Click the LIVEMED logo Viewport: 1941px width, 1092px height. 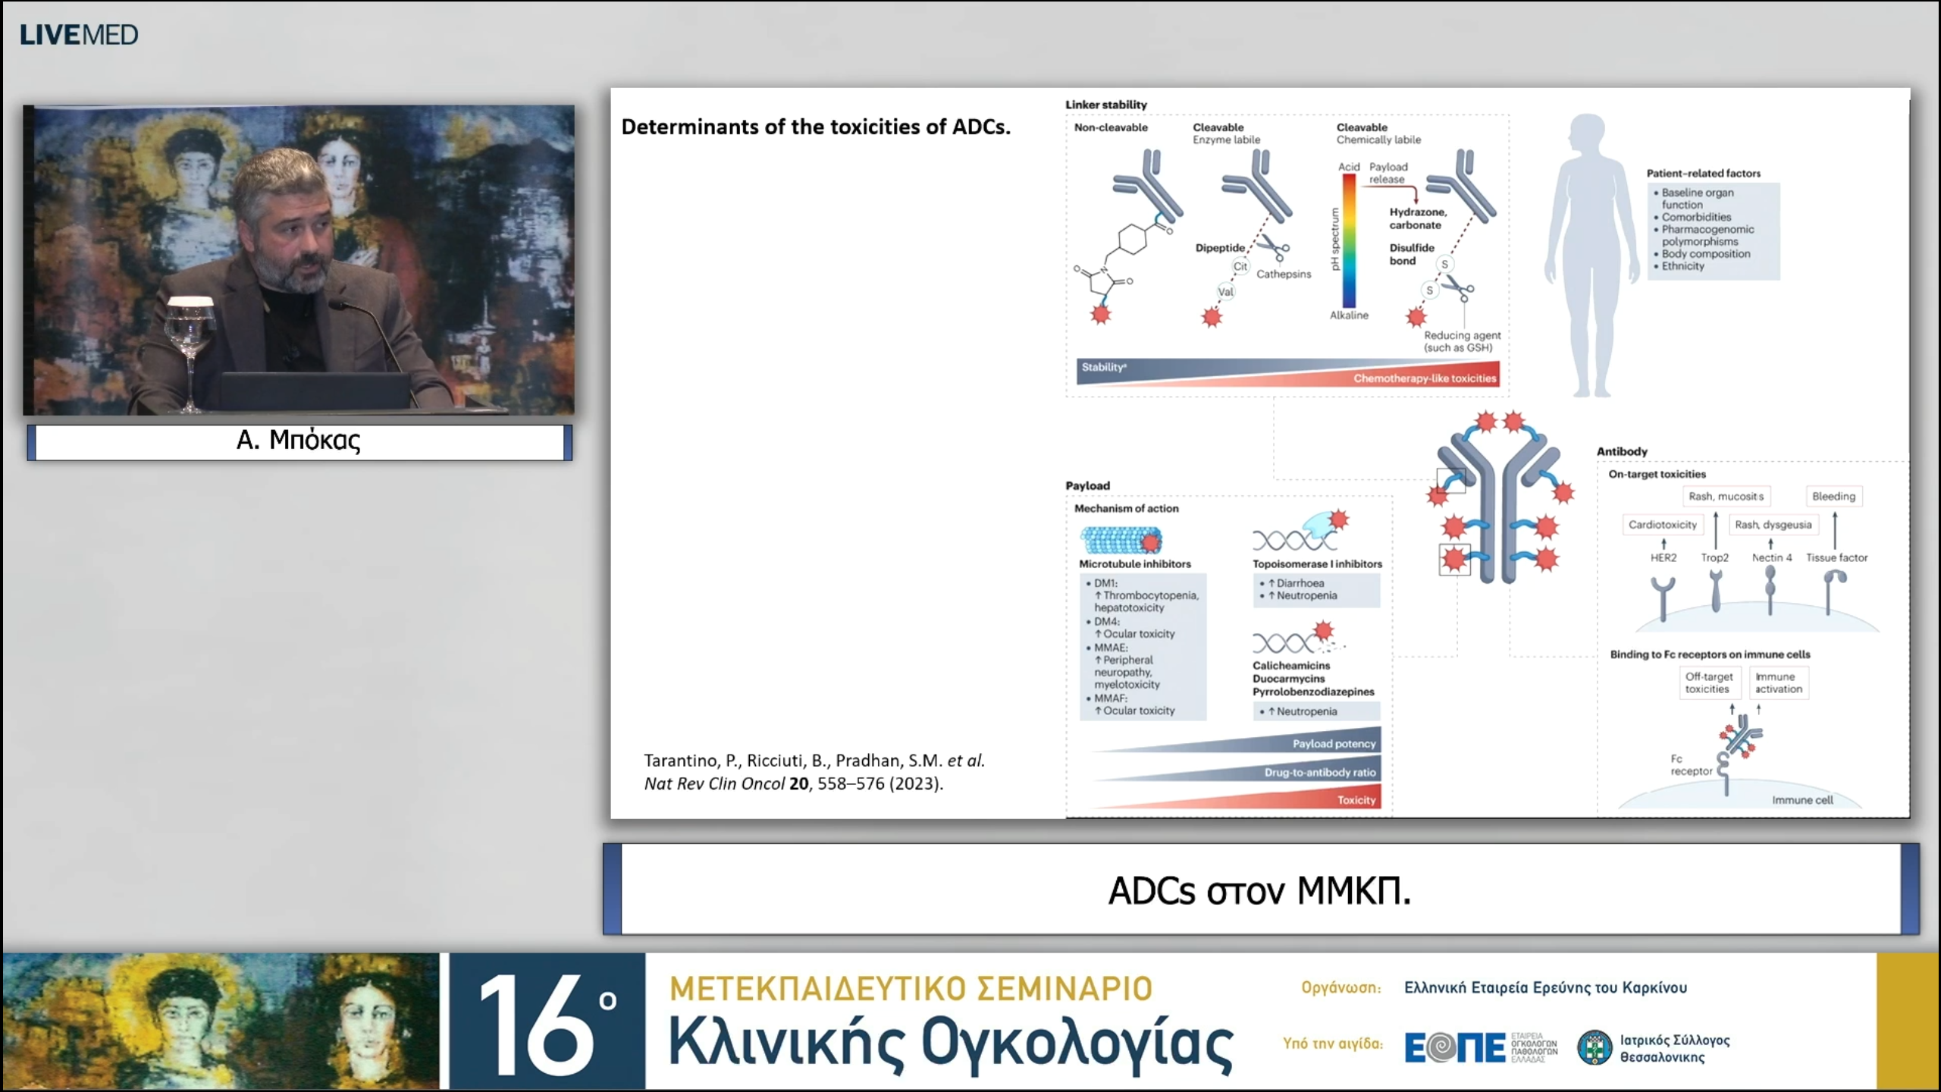(x=79, y=35)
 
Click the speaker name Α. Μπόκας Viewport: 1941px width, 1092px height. (x=299, y=441)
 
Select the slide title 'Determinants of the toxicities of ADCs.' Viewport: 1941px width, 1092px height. (x=816, y=127)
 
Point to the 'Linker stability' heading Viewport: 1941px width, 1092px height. (x=1105, y=105)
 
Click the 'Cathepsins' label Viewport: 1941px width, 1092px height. (x=1283, y=274)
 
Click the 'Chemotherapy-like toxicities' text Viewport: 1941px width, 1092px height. (x=1425, y=378)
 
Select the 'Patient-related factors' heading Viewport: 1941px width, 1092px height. (x=1703, y=173)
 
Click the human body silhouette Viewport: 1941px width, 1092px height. (x=1587, y=250)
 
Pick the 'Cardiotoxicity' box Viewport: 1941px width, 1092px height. (x=1662, y=525)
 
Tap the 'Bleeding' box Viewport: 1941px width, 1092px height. (x=1833, y=497)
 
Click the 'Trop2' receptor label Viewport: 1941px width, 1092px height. (x=1714, y=557)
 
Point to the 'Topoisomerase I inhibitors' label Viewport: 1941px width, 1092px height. (x=1317, y=564)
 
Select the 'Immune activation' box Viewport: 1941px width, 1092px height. (x=1778, y=682)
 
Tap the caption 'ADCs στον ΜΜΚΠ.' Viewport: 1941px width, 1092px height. (x=1259, y=890)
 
